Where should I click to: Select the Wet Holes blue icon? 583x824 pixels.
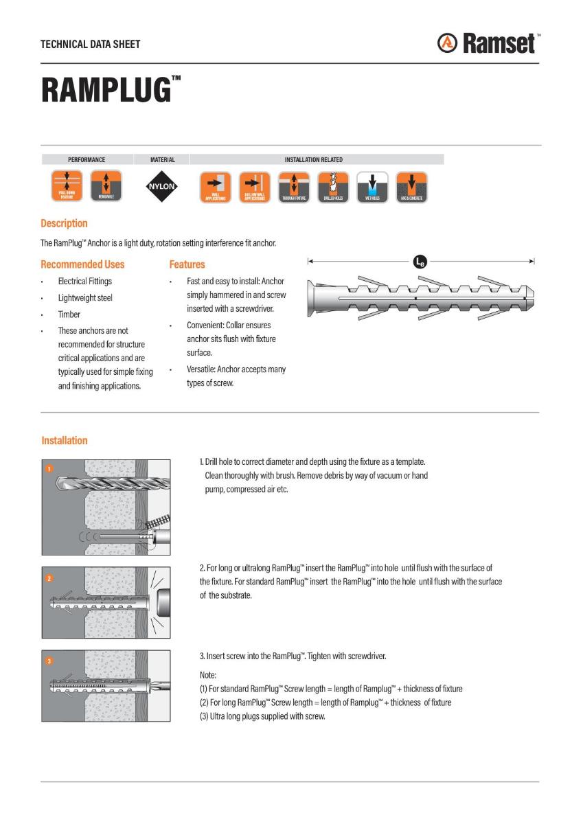[x=372, y=187]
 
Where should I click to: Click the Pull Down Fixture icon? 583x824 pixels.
[x=67, y=186]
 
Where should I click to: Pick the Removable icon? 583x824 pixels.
[x=106, y=186]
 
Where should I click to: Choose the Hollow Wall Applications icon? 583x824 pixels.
[x=255, y=187]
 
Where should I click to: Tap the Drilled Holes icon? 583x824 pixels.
[x=333, y=187]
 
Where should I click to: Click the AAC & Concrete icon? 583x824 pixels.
[x=411, y=187]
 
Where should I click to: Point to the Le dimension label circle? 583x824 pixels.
[x=420, y=261]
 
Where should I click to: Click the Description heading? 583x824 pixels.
[x=64, y=223]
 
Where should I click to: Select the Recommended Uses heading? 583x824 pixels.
[x=82, y=264]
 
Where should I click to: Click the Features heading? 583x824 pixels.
[x=187, y=264]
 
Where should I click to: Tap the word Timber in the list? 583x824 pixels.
[x=69, y=314]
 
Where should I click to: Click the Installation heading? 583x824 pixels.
[x=65, y=441]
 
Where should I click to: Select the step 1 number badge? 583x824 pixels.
[x=49, y=469]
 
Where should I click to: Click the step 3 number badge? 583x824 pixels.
[x=49, y=661]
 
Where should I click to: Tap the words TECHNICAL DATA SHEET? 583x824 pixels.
[x=90, y=44]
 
